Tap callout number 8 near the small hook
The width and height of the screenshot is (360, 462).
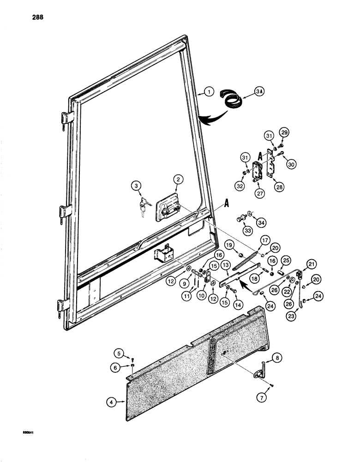276,358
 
